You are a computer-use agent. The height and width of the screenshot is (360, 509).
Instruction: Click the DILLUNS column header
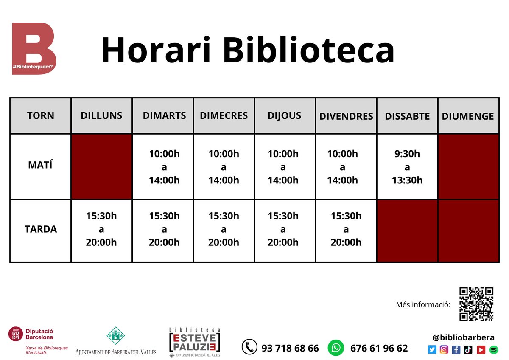[101, 115]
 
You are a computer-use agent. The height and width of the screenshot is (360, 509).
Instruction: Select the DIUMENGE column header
[468, 116]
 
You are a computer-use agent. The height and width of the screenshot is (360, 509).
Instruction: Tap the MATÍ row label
[40, 166]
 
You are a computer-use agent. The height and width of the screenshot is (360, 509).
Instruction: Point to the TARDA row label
[40, 229]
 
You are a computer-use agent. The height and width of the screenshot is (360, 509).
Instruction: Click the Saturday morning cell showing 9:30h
[407, 166]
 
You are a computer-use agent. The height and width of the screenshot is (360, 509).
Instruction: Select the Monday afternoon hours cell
[101, 229]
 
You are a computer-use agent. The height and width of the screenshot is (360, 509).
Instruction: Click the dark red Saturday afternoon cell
[407, 231]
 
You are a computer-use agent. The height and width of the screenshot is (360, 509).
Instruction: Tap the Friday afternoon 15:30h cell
[346, 229]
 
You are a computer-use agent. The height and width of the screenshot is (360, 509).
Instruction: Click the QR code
[476, 304]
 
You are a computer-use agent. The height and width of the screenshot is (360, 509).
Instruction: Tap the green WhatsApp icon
[336, 348]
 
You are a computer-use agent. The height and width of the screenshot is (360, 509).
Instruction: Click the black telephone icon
[249, 347]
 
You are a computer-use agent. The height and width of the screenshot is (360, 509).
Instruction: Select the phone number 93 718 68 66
[290, 348]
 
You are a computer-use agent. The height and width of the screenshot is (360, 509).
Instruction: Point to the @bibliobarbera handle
[463, 337]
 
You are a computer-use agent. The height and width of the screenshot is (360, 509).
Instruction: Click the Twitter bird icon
[432, 350]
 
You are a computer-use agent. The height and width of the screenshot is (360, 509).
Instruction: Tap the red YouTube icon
[481, 350]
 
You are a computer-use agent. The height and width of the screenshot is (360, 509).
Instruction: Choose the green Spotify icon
[493, 350]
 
